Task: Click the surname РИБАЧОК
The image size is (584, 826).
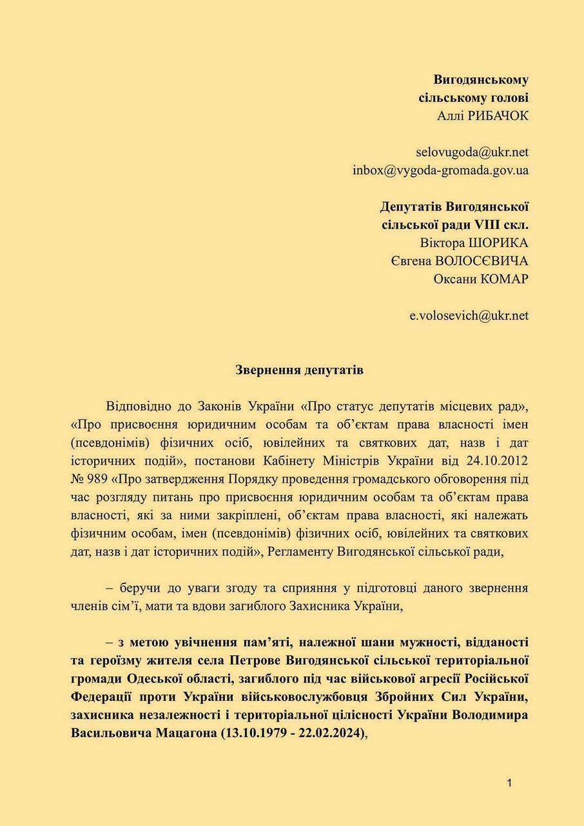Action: (x=497, y=116)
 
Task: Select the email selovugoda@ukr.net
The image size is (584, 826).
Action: (x=472, y=152)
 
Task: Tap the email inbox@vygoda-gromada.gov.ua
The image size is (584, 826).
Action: (x=440, y=170)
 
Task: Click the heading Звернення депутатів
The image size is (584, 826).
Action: (x=291, y=371)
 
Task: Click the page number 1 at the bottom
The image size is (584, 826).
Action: (x=509, y=783)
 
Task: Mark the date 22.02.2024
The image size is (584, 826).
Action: (x=329, y=733)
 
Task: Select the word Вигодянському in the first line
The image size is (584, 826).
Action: (x=481, y=79)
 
